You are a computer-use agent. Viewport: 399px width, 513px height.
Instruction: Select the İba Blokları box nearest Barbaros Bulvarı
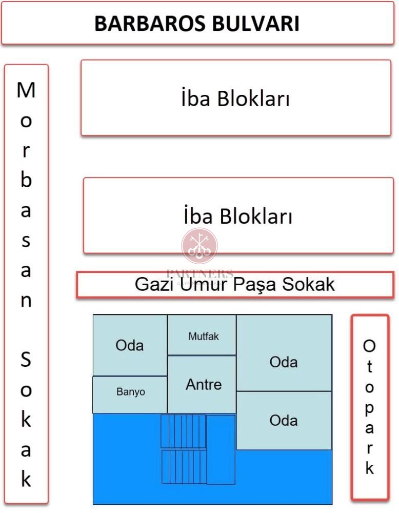236,97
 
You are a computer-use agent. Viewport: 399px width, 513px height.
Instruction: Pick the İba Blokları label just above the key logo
238,215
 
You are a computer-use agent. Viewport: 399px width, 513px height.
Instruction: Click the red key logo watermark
199,246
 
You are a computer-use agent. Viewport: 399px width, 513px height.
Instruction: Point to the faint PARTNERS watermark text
199,273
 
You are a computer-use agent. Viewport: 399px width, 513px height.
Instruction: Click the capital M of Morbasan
26,90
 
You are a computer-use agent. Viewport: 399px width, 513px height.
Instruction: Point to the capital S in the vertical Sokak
26,359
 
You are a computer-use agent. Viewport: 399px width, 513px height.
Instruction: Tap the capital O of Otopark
369,346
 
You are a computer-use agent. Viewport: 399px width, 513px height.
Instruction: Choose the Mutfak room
202,335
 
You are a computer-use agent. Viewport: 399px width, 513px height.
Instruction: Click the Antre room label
204,384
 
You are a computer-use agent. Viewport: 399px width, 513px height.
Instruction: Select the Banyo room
130,395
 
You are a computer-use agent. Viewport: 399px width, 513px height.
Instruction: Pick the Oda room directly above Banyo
130,345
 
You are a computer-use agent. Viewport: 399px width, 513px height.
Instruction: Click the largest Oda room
284,353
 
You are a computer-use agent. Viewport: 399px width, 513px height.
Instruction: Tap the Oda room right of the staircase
284,421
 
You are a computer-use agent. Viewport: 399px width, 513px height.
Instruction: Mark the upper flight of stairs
183,431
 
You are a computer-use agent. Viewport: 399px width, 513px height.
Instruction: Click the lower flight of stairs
184,467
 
